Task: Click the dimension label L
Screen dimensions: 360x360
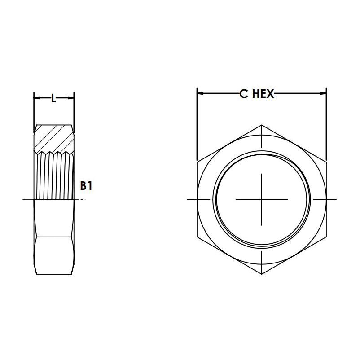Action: [x=53, y=98]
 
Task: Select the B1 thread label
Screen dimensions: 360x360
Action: [x=86, y=185]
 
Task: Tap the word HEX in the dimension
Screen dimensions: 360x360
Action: [x=262, y=93]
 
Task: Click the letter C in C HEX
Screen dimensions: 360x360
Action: [x=243, y=93]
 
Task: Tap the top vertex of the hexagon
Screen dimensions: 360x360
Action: [x=262, y=124]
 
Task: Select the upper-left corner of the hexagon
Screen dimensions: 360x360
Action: [x=197, y=162]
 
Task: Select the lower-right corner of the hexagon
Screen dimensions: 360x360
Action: [x=326, y=236]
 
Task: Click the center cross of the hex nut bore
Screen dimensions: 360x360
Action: [x=262, y=199]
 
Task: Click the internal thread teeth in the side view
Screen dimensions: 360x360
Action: [x=54, y=175]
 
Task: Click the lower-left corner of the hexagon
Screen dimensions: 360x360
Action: [x=197, y=236]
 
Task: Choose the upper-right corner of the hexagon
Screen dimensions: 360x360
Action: [x=326, y=162]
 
